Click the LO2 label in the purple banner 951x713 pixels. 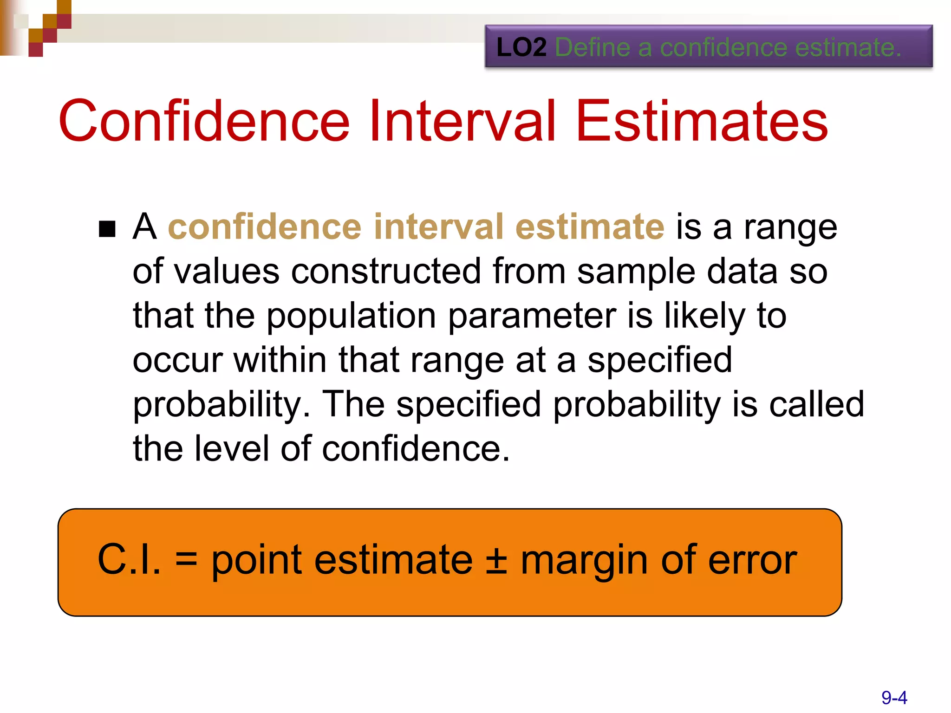tap(521, 47)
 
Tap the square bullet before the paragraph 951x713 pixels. tap(107, 228)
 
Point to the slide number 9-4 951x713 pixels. tap(894, 698)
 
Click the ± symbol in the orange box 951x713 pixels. tap(496, 561)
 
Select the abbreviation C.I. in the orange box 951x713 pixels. tap(129, 560)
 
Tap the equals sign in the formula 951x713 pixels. tap(186, 561)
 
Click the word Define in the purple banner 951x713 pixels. tap(593, 47)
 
